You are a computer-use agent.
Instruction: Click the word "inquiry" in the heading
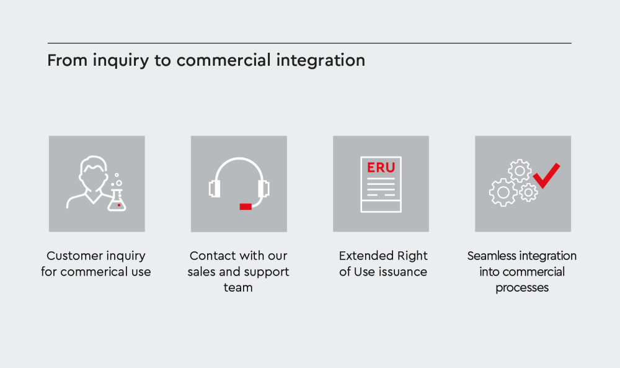coord(121,61)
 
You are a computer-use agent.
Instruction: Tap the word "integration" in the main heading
coord(321,60)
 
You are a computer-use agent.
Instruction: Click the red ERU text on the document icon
coord(381,168)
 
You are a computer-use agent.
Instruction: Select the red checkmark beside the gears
coord(546,175)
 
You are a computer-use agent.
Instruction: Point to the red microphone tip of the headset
coord(246,207)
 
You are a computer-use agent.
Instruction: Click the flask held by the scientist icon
coord(117,200)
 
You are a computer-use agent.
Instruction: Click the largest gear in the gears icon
coord(503,192)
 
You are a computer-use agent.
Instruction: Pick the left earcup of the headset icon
coord(215,189)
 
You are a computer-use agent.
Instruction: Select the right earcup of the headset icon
coord(263,189)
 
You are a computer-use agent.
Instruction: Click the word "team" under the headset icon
coord(238,288)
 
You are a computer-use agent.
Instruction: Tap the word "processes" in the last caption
coord(522,288)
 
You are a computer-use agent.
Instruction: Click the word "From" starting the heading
coord(68,61)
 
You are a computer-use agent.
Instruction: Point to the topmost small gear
coord(520,171)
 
